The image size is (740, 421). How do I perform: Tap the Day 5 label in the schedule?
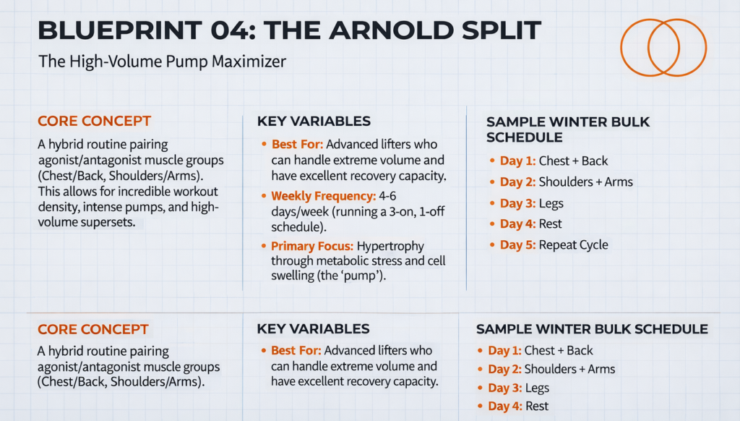pos(517,244)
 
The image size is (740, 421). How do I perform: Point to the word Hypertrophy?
pos(400,245)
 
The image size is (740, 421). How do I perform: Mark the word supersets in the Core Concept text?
pos(116,223)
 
